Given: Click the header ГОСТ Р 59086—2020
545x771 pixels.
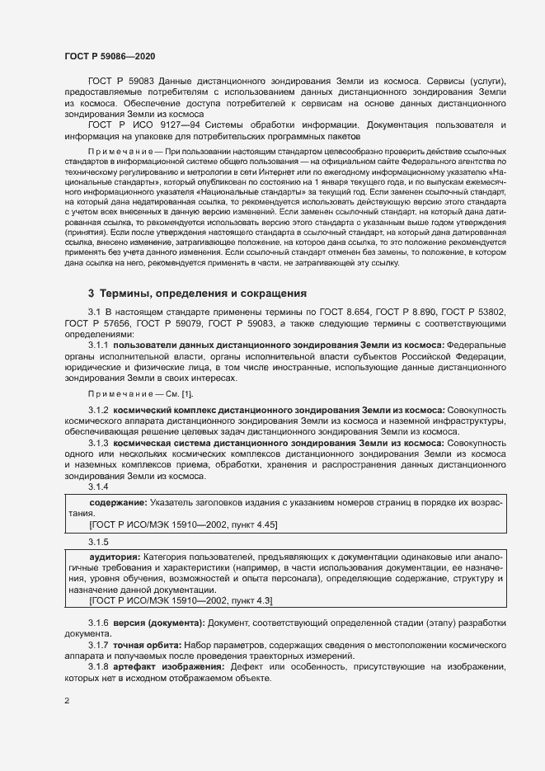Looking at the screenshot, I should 110,55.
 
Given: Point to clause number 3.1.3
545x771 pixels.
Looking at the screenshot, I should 99,443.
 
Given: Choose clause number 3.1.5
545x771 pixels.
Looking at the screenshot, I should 99,542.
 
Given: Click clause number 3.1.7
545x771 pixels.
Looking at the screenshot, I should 99,642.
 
